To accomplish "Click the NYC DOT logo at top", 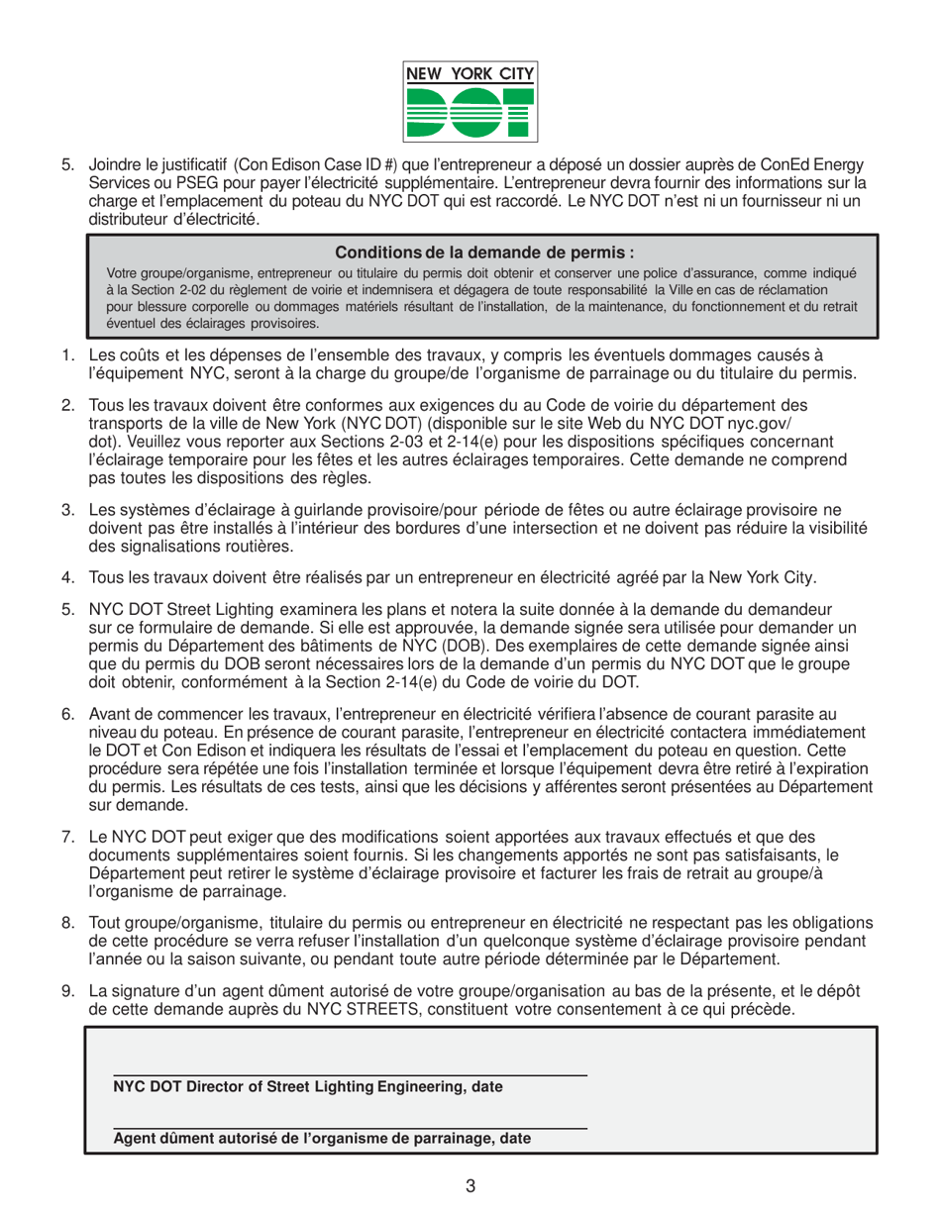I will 470,100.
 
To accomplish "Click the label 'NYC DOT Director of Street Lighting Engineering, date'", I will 308,1087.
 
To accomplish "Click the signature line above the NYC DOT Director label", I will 350,1074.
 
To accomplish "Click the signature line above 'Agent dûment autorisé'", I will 350,1126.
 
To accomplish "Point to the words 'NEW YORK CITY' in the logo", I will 470,72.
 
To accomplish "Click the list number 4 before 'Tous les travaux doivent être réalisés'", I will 68,577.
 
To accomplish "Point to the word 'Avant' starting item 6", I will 108,714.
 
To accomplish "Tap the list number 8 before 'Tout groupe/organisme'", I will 68,924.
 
